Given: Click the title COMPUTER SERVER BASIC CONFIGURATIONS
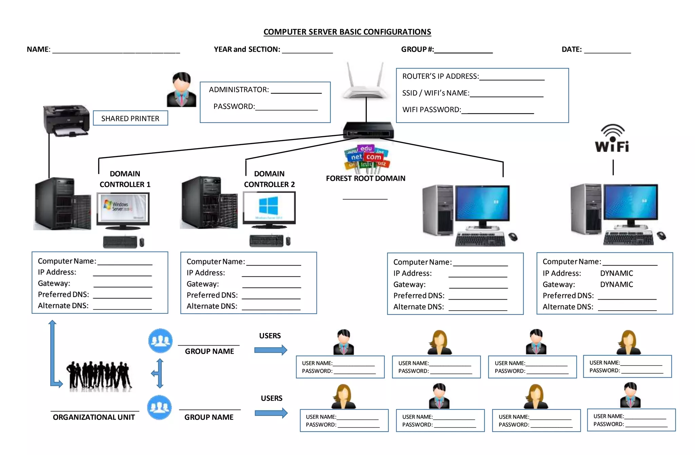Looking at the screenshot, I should point(347,32).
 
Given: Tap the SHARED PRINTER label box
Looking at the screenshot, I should point(130,118).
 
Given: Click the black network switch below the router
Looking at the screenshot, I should point(368,130).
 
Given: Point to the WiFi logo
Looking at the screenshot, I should point(612,139).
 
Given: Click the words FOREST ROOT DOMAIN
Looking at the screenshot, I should point(365,178).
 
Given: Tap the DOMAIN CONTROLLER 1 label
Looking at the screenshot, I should point(125,179).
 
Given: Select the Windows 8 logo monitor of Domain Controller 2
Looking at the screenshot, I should point(269,208).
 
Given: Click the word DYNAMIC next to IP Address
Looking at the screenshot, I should point(616,273).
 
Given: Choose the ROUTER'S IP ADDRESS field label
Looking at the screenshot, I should point(440,76).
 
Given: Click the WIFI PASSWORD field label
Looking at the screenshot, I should point(431,110).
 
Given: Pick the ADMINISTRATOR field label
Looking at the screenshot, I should point(239,90).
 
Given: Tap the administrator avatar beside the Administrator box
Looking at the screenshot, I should point(182,90).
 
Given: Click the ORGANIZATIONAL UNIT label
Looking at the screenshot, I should point(94,417).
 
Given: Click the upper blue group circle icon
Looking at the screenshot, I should point(160,340).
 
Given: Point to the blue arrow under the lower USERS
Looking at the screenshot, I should point(271,413).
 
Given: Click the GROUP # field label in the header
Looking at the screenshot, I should point(417,50).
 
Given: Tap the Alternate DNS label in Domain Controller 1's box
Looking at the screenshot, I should point(63,305).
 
